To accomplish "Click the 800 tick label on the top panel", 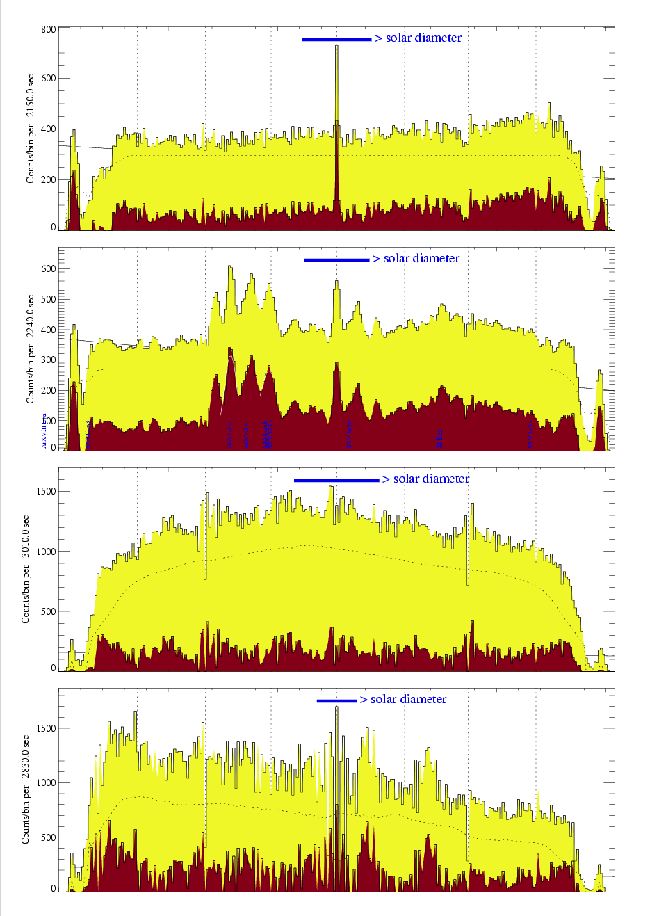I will tap(48, 29).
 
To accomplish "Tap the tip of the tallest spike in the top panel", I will tap(336, 46).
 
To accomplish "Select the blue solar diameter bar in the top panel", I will tap(336, 40).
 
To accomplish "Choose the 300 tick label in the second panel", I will tap(48, 360).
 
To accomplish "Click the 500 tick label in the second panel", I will tap(48, 299).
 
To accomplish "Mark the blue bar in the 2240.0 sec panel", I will tap(336, 260).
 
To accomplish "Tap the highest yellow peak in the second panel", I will tap(229, 266).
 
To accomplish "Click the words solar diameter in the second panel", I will tap(421, 259).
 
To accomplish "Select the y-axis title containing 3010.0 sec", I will tap(26, 569).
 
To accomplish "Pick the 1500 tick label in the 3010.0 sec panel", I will tap(46, 491).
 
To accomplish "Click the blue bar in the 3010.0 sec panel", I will tap(336, 480).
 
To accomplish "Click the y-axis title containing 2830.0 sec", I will tap(26, 789).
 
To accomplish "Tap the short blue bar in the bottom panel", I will tap(336, 700).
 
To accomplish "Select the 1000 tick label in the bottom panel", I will tap(46, 782).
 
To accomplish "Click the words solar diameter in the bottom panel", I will tap(409, 700).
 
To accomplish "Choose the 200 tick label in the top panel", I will tap(48, 179).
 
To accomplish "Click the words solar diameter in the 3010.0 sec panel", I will tap(431, 479).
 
